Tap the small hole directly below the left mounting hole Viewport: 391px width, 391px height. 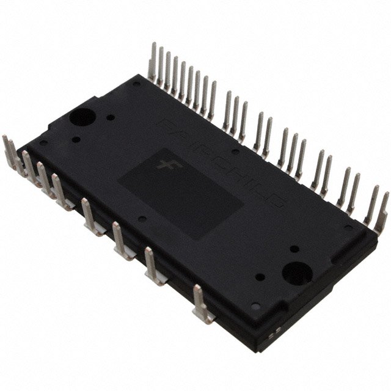pos(76,139)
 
